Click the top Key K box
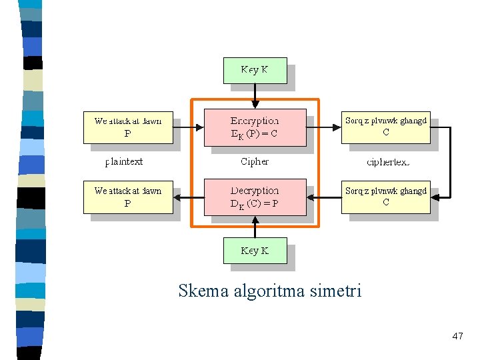coord(255,71)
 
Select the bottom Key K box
coord(255,251)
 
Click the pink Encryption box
coord(255,127)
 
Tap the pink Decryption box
coord(255,197)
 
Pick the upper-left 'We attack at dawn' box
coord(128,127)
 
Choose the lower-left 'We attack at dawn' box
coord(128,197)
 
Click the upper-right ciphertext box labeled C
coord(385,127)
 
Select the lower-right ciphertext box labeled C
coord(385,197)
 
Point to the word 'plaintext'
coord(124,161)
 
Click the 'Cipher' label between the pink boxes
coord(255,161)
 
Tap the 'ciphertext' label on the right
coord(388,162)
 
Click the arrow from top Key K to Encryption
coord(255,96)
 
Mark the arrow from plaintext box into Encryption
coord(189,127)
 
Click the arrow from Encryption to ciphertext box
coord(323,127)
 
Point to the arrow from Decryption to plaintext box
coord(189,197)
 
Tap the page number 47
coord(457,337)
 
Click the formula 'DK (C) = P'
coord(255,204)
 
